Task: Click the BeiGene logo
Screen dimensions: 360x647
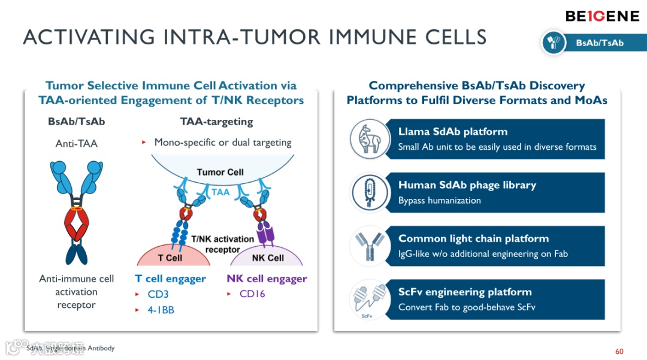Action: [x=602, y=16]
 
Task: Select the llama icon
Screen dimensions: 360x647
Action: [x=367, y=139]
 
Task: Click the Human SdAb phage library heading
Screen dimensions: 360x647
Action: [x=467, y=185]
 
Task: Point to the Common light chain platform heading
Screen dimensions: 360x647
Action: [x=473, y=238]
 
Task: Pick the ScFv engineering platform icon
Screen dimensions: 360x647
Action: [x=367, y=299]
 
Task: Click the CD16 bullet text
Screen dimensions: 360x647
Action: [x=252, y=294]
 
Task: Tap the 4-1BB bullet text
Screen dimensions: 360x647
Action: [x=161, y=310]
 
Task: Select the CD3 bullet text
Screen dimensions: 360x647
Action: [x=159, y=294]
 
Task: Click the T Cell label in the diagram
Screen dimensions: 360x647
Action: [x=170, y=258]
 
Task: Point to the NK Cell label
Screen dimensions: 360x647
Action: [x=267, y=258]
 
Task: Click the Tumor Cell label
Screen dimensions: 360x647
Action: [x=220, y=172]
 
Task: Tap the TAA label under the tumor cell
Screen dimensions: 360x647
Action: [x=220, y=193]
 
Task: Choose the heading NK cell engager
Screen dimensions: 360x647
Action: [x=267, y=279]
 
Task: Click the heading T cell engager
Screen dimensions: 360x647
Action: [x=170, y=279]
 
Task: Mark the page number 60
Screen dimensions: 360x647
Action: [x=619, y=352]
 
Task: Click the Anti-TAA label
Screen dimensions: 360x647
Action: [x=76, y=143]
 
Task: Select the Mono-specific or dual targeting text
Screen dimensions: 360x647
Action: [x=222, y=143]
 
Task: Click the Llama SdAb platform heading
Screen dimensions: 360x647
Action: [x=452, y=132]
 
